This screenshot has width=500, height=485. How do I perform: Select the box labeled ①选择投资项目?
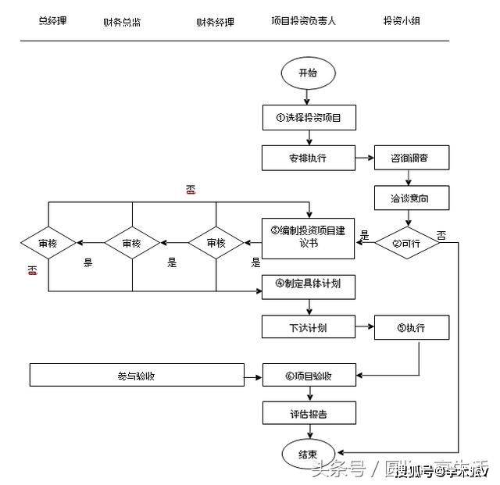pyautogui.click(x=309, y=118)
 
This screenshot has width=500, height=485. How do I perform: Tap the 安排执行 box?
pyautogui.click(x=309, y=159)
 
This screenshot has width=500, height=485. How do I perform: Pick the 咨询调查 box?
pyautogui.click(x=412, y=159)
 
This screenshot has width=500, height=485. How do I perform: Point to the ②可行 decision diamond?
pyautogui.click(x=407, y=243)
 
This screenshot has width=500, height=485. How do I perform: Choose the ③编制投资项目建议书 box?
pyautogui.click(x=309, y=237)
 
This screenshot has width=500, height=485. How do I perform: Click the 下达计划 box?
pyautogui.click(x=309, y=328)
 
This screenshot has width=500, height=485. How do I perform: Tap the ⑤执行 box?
pyautogui.click(x=412, y=328)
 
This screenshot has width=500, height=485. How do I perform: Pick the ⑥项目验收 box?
pyautogui.click(x=309, y=376)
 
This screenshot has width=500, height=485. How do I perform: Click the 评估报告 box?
pyautogui.click(x=309, y=414)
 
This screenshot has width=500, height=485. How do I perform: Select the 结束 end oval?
pyautogui.click(x=309, y=454)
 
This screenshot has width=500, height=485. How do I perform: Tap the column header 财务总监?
pyautogui.click(x=122, y=22)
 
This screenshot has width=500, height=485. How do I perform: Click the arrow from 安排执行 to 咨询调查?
pyautogui.click(x=365, y=159)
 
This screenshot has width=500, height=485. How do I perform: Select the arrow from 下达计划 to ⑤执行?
pyautogui.click(x=365, y=328)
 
